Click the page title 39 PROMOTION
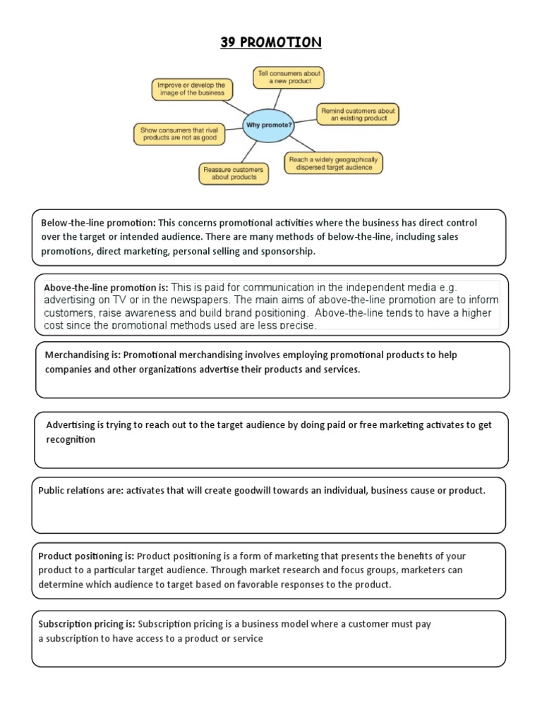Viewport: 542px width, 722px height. click(x=270, y=43)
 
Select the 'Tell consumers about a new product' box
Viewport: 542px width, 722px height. click(x=288, y=77)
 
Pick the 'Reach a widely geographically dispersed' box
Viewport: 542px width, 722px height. click(x=333, y=164)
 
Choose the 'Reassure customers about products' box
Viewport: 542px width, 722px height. click(x=233, y=174)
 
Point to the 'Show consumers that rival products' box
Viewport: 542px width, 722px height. click(x=179, y=134)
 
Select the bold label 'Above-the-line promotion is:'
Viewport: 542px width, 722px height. click(x=106, y=288)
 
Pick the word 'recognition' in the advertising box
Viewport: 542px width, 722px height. click(x=71, y=439)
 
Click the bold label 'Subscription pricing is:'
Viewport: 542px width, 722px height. click(x=87, y=624)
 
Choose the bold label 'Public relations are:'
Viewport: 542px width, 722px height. click(x=80, y=491)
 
